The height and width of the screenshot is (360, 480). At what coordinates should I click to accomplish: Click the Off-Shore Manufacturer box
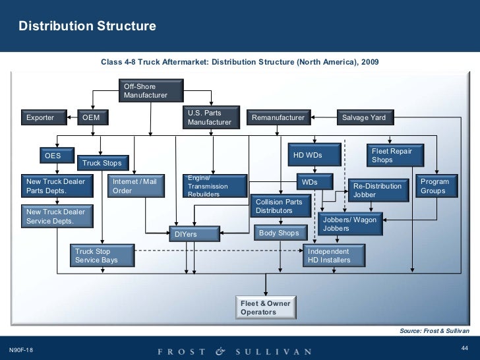pos(150,91)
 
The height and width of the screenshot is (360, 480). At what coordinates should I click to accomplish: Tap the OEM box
pos(92,118)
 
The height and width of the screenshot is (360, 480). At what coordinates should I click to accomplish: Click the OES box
pos(55,156)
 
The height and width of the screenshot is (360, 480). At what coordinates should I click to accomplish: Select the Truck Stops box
pos(102,163)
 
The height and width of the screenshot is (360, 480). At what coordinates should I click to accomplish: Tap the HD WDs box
pos(314,156)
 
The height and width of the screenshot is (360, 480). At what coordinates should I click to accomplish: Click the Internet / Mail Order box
pos(136,186)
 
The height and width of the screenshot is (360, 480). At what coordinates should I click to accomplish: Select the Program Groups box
pos(435,186)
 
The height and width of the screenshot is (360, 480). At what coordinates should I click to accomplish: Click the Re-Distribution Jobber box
pos(378,190)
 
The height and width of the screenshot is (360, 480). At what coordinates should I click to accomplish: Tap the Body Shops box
pos(280,233)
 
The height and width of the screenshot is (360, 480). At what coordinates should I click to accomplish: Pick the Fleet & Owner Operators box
pos(265,307)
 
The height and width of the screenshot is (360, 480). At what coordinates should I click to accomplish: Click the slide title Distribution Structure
pos(87,26)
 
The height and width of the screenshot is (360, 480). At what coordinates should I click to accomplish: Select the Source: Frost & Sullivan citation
pos(434,330)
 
